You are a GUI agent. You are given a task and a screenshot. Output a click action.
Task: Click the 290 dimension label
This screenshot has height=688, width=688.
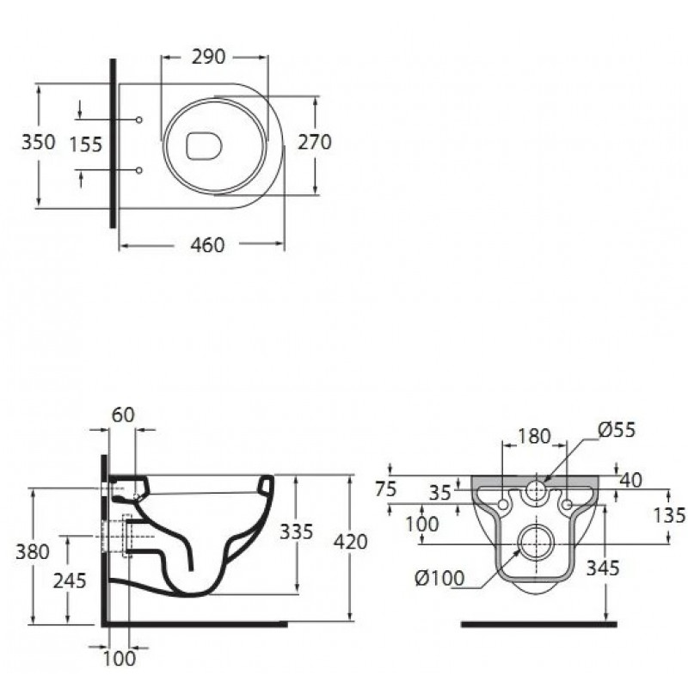tap(208, 57)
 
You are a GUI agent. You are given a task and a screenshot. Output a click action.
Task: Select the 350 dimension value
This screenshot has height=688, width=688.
tap(39, 142)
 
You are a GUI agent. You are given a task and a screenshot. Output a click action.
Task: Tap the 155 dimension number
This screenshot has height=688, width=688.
tap(86, 144)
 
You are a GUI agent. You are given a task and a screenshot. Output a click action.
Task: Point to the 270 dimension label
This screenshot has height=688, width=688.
tap(315, 142)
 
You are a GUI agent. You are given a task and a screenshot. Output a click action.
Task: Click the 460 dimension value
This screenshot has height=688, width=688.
tap(207, 245)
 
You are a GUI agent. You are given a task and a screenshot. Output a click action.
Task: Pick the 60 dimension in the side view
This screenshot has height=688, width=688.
tap(123, 415)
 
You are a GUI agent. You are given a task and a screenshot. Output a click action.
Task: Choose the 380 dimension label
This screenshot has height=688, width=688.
tap(33, 551)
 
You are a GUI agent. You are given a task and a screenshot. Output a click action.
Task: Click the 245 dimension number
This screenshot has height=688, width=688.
tap(70, 581)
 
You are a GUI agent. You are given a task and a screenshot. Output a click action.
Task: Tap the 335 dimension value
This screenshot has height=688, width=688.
tap(297, 531)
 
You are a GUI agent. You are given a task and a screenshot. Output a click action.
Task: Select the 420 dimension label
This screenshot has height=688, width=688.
tap(351, 543)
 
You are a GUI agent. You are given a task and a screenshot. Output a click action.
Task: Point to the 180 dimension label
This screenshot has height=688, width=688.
tap(534, 436)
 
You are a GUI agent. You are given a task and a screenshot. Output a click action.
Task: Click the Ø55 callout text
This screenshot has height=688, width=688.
tap(617, 430)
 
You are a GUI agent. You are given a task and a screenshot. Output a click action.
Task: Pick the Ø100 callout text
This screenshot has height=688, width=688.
tap(439, 578)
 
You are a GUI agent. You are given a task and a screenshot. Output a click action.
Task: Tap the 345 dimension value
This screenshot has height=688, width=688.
tap(603, 568)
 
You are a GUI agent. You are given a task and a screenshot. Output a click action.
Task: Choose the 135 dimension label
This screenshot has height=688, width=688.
tap(669, 515)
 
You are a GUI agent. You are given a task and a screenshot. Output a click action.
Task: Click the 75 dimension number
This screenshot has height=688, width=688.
tap(386, 488)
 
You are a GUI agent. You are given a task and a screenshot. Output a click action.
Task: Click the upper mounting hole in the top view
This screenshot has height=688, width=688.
tap(139, 120)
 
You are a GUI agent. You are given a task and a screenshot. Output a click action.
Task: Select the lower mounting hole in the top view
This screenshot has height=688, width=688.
tap(139, 170)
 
